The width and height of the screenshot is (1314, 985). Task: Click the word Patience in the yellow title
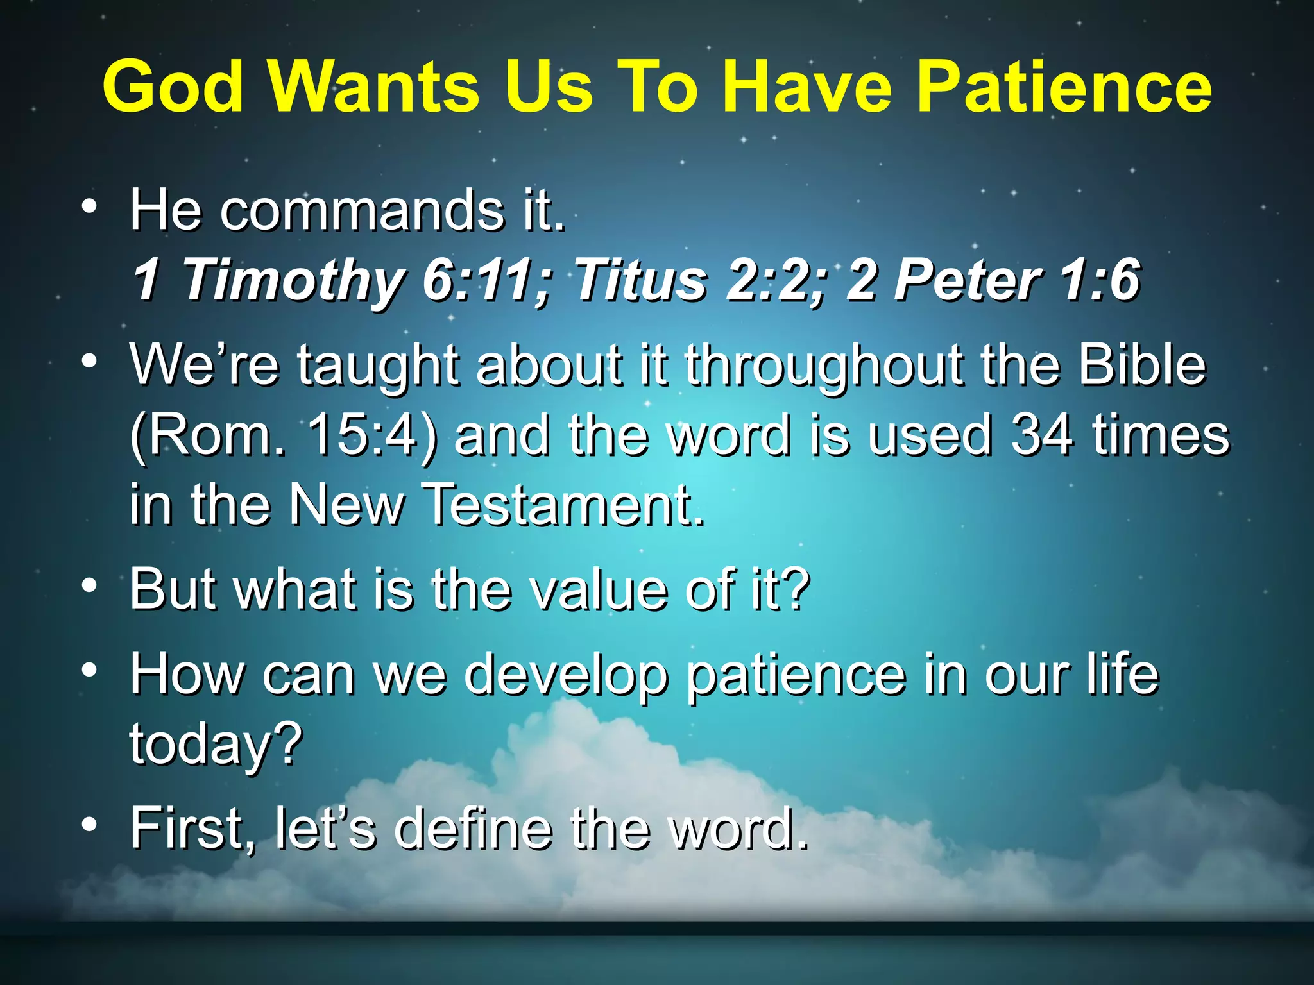click(x=1064, y=87)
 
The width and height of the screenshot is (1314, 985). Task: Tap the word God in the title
click(x=173, y=87)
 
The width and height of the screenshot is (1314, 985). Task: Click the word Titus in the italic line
click(x=641, y=280)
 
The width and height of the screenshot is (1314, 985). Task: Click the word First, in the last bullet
click(x=192, y=830)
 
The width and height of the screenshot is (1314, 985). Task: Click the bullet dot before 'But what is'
click(x=90, y=585)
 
